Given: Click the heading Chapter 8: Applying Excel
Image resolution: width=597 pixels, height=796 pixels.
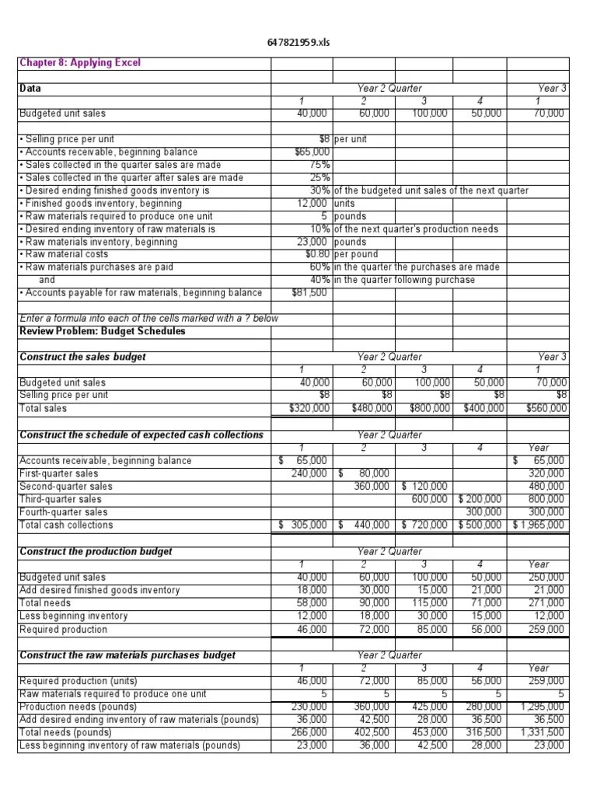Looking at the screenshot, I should pyautogui.click(x=80, y=63).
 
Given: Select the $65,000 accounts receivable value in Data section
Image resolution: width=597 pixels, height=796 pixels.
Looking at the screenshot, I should pyautogui.click(x=313, y=152).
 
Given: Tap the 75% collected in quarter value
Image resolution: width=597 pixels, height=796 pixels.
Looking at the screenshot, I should pyautogui.click(x=320, y=165).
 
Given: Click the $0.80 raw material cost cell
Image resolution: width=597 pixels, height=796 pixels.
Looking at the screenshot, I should pyautogui.click(x=318, y=254).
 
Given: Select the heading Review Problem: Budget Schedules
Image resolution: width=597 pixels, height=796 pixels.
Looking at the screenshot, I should pyautogui.click(x=103, y=331).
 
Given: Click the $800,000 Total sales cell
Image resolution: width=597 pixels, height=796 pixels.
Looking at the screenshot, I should pyautogui.click(x=424, y=408).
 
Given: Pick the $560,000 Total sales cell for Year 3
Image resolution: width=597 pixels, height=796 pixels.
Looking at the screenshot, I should pyautogui.click(x=546, y=408).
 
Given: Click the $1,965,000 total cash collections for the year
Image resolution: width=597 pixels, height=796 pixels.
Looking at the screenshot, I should pyautogui.click(x=541, y=525).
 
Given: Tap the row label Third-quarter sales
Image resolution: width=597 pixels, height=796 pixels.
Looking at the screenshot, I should pyautogui.click(x=61, y=499).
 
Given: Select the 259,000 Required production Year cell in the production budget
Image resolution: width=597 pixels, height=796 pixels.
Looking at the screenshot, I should pyautogui.click(x=550, y=629).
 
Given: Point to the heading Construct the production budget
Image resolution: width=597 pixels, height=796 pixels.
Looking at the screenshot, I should pyautogui.click(x=96, y=551).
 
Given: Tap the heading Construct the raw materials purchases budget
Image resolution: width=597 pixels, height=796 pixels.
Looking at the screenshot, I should pyautogui.click(x=127, y=655).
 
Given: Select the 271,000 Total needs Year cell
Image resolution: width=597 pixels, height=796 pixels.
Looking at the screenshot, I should pyautogui.click(x=550, y=603).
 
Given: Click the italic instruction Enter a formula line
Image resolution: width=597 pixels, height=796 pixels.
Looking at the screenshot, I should pyautogui.click(x=148, y=319).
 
